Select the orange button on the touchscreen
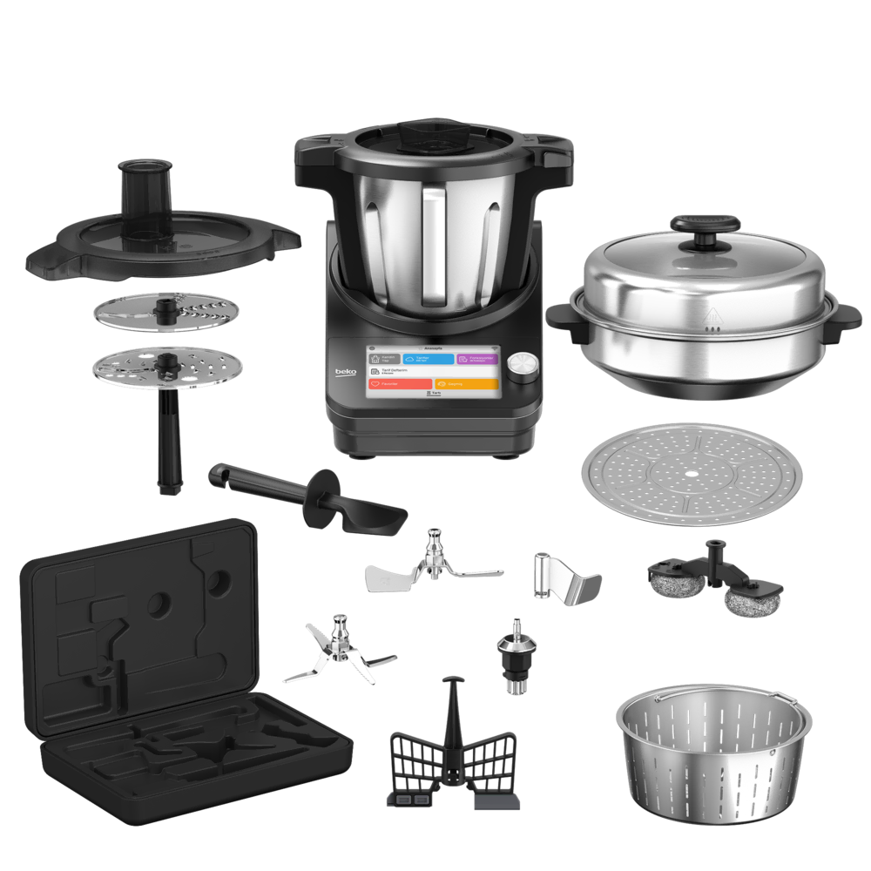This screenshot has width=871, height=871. click(465, 382)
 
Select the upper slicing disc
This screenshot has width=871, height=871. click(163, 311)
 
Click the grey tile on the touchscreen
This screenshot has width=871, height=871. click(386, 358)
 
